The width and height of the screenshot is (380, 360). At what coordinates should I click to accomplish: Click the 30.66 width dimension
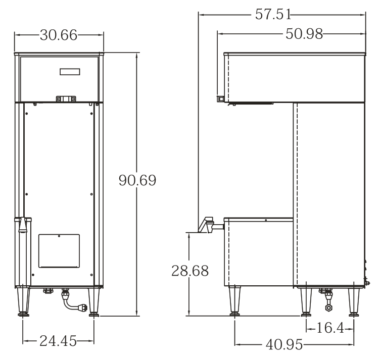coord(59,35)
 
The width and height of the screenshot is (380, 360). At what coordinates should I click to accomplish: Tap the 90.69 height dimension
coord(137,180)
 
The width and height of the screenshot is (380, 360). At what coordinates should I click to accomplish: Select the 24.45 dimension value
coord(58,341)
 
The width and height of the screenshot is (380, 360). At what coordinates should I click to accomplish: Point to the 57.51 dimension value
coord(273,14)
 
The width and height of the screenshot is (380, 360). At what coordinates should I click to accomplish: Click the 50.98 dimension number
coord(304,34)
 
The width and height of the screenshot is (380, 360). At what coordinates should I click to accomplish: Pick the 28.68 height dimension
coord(190,271)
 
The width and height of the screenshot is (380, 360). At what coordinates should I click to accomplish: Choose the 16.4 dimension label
coord(330,328)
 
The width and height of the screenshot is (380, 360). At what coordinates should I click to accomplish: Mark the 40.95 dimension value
coord(284,344)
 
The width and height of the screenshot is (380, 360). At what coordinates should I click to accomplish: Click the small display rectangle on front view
coord(70,72)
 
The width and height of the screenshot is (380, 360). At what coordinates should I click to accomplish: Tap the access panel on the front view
coord(59,251)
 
